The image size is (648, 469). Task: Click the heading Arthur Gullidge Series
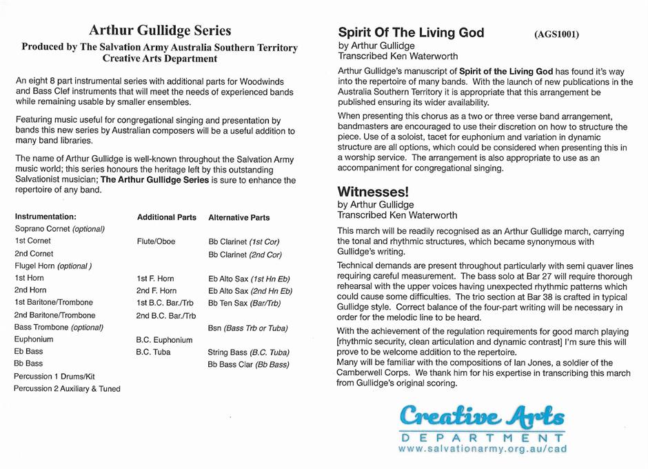click(160, 30)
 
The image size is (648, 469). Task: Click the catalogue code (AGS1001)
click(556, 34)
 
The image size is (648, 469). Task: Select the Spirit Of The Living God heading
click(411, 32)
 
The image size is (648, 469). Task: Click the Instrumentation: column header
click(45, 217)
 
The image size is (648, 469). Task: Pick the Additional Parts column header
click(166, 217)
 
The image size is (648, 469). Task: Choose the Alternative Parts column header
click(239, 217)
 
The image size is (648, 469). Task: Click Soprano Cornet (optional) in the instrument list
click(59, 229)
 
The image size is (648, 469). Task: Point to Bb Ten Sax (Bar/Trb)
click(244, 303)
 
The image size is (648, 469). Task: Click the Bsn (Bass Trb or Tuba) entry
click(247, 328)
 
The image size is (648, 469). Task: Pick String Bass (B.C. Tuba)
click(247, 352)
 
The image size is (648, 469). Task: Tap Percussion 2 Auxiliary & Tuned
click(67, 389)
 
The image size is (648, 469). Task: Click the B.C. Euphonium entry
click(164, 340)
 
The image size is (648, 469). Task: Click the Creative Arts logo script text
click(483, 417)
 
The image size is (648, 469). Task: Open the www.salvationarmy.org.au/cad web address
click(483, 449)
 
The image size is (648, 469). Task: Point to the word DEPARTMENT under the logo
click(483, 437)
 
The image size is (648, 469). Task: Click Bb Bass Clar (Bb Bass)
click(248, 365)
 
